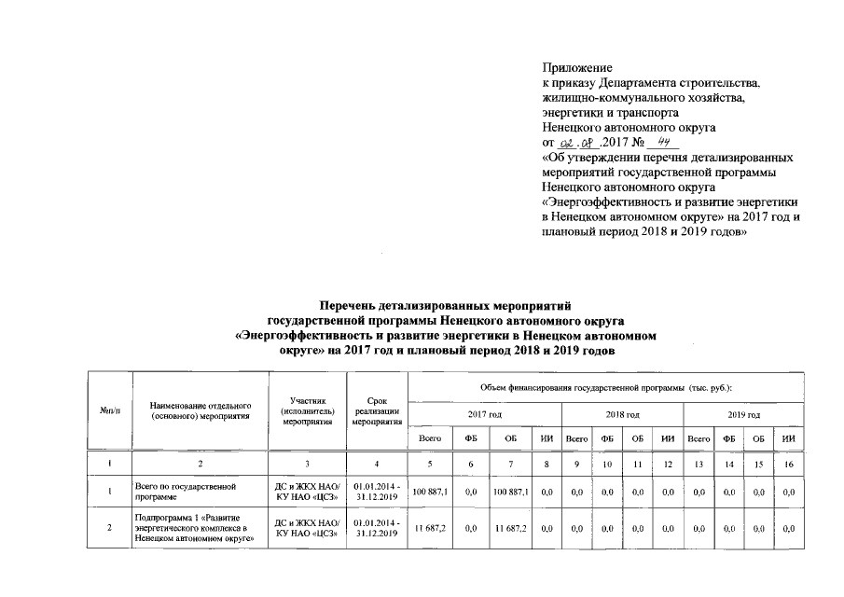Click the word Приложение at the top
(576, 68)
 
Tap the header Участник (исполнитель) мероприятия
(307, 411)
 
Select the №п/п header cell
(110, 411)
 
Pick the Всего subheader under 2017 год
(430, 437)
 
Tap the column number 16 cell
(789, 464)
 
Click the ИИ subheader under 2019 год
(789, 437)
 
